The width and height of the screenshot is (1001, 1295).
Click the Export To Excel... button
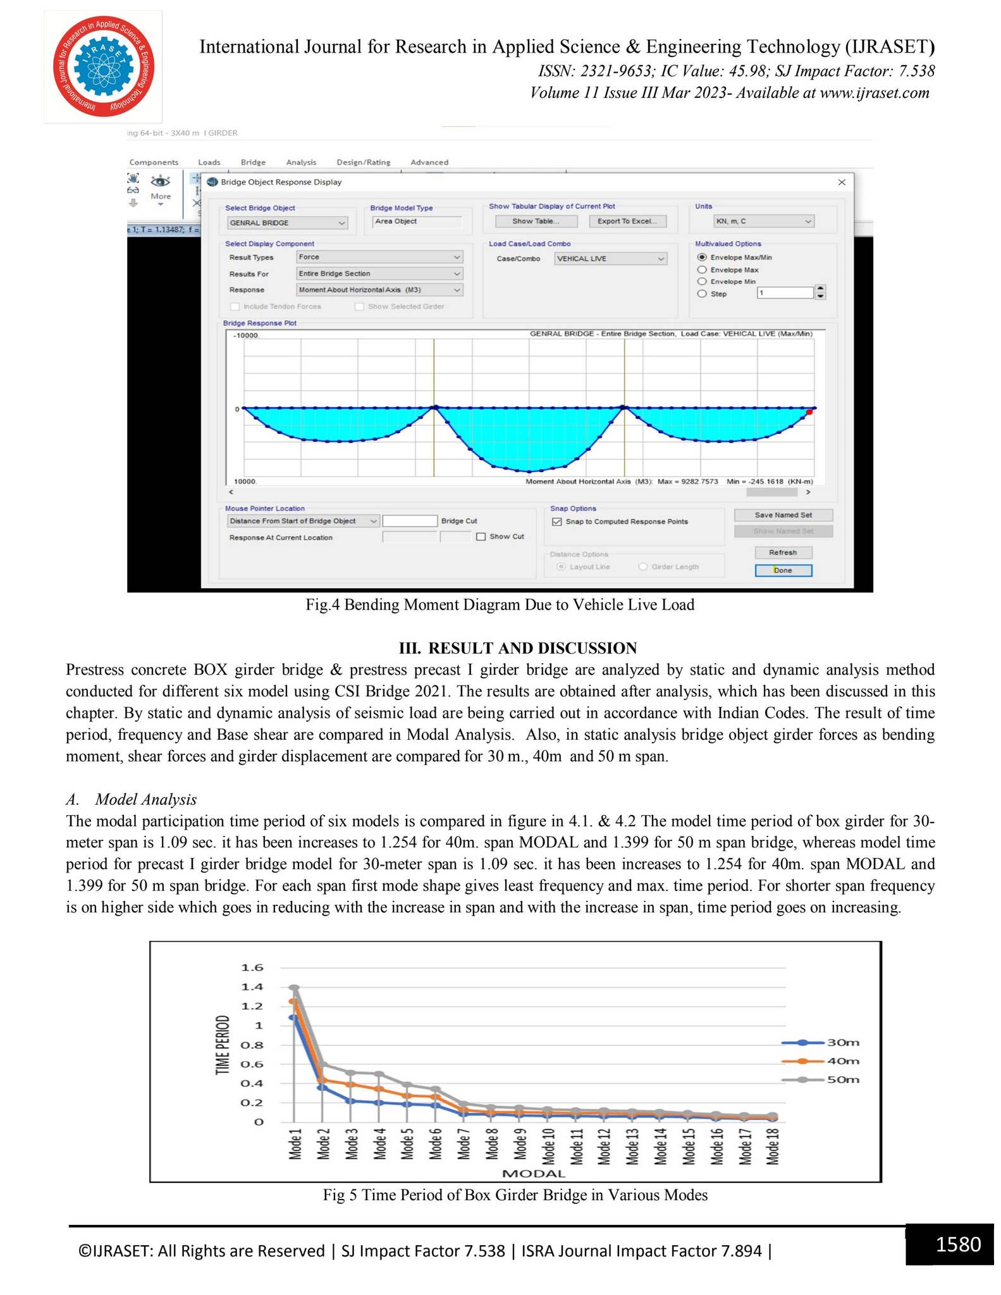tap(627, 221)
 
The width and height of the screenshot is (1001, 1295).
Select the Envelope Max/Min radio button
tap(701, 257)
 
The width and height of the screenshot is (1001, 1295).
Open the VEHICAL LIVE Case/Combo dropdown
tap(610, 259)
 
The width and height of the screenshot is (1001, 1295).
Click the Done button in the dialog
tap(783, 570)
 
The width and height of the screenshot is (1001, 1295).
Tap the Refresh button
tap(783, 553)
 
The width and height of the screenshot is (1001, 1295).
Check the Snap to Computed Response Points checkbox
tap(557, 522)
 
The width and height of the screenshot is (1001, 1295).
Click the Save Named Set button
tap(783, 515)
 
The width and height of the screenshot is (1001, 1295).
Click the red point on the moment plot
tap(809, 412)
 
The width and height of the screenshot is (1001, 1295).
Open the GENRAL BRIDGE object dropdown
tap(287, 223)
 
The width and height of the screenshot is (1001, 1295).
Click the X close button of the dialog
tap(842, 182)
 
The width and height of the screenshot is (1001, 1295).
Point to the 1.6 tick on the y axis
tap(252, 967)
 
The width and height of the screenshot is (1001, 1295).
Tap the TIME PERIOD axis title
tap(222, 1045)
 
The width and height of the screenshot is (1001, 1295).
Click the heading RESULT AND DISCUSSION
tap(517, 648)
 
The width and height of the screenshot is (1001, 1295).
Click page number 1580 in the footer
tap(958, 1244)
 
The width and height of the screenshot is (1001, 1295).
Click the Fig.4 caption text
tap(500, 605)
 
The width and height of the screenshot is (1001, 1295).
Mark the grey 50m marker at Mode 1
tap(294, 988)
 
